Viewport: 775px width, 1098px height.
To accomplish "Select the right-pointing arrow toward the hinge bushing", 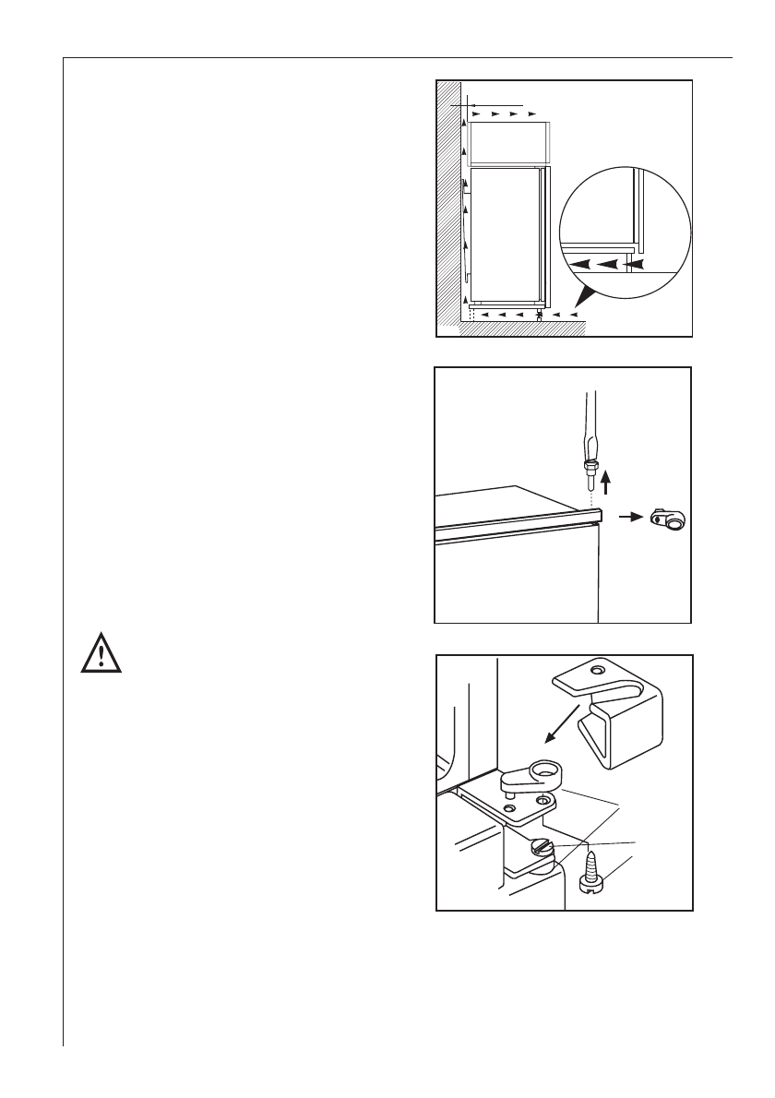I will click(628, 519).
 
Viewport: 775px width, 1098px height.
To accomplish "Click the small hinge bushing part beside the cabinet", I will click(668, 521).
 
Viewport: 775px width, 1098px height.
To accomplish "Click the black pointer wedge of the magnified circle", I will click(584, 296).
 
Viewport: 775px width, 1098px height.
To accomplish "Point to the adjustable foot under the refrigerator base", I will click(540, 316).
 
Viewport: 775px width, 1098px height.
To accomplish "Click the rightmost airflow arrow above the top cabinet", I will click(531, 113).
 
